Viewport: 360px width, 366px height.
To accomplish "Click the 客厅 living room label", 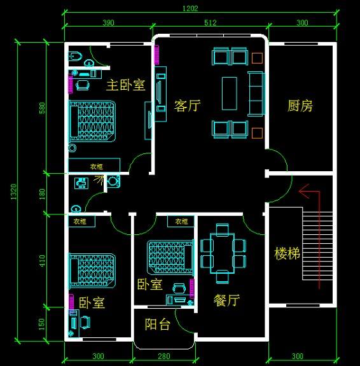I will (187, 106).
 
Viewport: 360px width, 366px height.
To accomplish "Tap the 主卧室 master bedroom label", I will (125, 85).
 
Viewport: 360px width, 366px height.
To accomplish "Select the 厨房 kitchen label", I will (300, 106).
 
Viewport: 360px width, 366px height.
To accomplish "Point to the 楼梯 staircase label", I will (287, 253).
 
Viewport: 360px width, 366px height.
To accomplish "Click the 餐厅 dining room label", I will (226, 300).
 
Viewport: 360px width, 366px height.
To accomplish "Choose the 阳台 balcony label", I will (157, 325).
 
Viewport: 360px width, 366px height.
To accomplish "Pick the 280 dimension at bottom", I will (165, 356).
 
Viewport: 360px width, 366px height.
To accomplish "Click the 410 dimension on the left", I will (43, 260).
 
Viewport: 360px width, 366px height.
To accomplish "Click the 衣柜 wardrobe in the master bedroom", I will (94, 165).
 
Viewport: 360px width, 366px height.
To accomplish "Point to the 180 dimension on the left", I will (43, 193).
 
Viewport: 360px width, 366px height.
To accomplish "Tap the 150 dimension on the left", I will (43, 323).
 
